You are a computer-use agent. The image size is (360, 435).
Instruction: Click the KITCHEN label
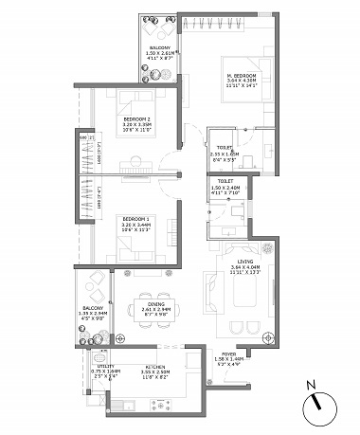155,368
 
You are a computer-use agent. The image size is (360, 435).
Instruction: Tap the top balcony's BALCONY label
159,47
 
